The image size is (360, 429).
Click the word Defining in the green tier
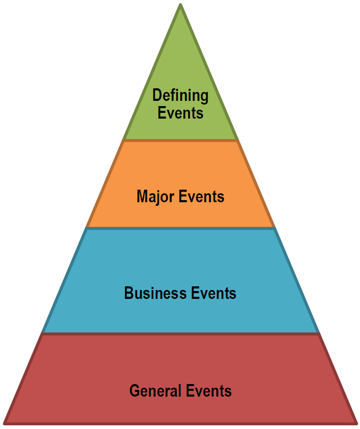click(x=180, y=96)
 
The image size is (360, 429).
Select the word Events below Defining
click(x=180, y=112)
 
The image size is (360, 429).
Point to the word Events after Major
click(x=202, y=197)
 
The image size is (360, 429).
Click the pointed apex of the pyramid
click(x=180, y=5)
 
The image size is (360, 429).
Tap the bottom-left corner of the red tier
click(x=5, y=422)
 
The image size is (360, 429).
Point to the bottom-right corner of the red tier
click(x=356, y=422)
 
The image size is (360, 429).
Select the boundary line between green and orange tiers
click(x=180, y=140)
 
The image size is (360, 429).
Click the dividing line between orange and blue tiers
click(x=180, y=228)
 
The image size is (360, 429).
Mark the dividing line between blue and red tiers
click(x=180, y=333)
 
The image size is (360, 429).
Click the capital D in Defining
click(x=157, y=96)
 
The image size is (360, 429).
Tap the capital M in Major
click(x=142, y=197)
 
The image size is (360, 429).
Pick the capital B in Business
click(x=129, y=293)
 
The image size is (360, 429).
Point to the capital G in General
click(x=134, y=391)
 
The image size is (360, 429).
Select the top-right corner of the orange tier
click(x=238, y=141)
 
